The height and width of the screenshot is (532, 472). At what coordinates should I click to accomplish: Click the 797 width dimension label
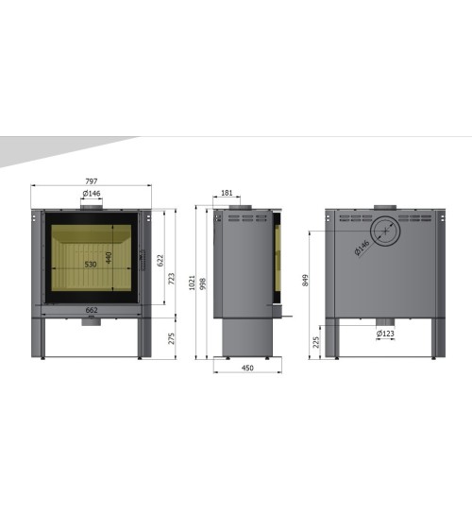pyautogui.click(x=92, y=181)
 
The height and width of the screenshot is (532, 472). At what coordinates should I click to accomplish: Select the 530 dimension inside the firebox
pyautogui.click(x=91, y=265)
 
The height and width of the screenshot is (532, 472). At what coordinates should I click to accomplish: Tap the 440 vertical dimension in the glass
pyautogui.click(x=109, y=258)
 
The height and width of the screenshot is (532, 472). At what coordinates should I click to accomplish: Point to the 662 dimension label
pyautogui.click(x=92, y=310)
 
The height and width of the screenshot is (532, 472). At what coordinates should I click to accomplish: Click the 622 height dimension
pyautogui.click(x=160, y=261)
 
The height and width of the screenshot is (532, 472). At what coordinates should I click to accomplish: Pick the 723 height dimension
pyautogui.click(x=172, y=279)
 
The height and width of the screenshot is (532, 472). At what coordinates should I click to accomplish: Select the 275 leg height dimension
pyautogui.click(x=172, y=338)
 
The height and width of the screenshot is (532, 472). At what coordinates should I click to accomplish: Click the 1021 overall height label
pyautogui.click(x=192, y=283)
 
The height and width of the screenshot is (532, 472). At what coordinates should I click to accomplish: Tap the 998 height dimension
pyautogui.click(x=203, y=283)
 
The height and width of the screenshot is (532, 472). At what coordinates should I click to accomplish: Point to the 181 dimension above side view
pyautogui.click(x=227, y=193)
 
